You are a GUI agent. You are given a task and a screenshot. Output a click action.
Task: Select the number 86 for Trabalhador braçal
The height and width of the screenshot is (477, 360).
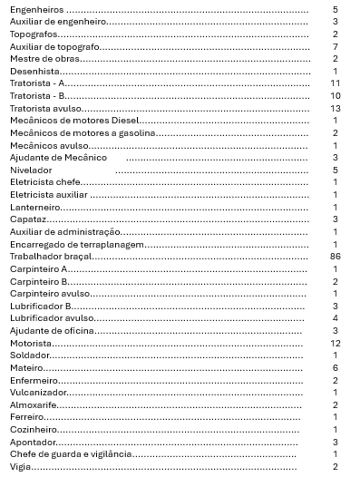click(335, 257)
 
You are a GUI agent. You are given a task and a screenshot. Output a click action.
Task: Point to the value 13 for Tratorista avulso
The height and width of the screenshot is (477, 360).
click(335, 108)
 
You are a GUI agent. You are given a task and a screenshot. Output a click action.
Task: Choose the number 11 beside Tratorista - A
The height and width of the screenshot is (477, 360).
click(335, 83)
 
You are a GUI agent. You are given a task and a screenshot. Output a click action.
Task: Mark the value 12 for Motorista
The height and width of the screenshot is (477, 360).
click(335, 344)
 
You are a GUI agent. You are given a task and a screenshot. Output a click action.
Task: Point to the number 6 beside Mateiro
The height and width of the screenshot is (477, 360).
click(336, 368)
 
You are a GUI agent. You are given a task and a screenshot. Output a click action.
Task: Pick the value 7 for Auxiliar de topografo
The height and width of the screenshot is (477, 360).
click(336, 45)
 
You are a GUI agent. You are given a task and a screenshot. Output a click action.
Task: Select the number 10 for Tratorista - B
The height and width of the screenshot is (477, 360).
click(335, 95)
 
